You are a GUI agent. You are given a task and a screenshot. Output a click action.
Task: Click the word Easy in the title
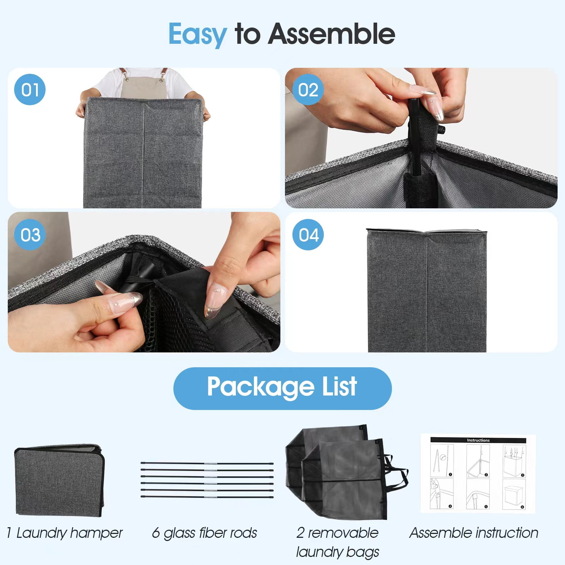198,35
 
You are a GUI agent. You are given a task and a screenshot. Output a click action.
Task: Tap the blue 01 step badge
30,89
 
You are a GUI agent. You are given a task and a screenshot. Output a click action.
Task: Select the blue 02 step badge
308,89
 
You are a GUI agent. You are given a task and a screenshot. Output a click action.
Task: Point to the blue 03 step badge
30,235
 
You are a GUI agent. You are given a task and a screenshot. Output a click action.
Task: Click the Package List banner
282,388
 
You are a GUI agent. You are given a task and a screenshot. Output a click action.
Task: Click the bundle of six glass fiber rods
207,480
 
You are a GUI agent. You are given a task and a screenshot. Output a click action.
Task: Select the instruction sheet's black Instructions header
478,440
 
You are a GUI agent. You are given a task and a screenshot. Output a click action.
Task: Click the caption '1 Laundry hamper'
65,533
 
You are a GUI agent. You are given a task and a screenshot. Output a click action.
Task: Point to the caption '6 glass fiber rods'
204,533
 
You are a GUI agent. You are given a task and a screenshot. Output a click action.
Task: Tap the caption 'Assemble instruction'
474,533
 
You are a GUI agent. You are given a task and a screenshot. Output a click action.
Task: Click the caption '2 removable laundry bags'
338,542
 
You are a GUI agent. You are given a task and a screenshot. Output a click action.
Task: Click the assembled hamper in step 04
427,290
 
